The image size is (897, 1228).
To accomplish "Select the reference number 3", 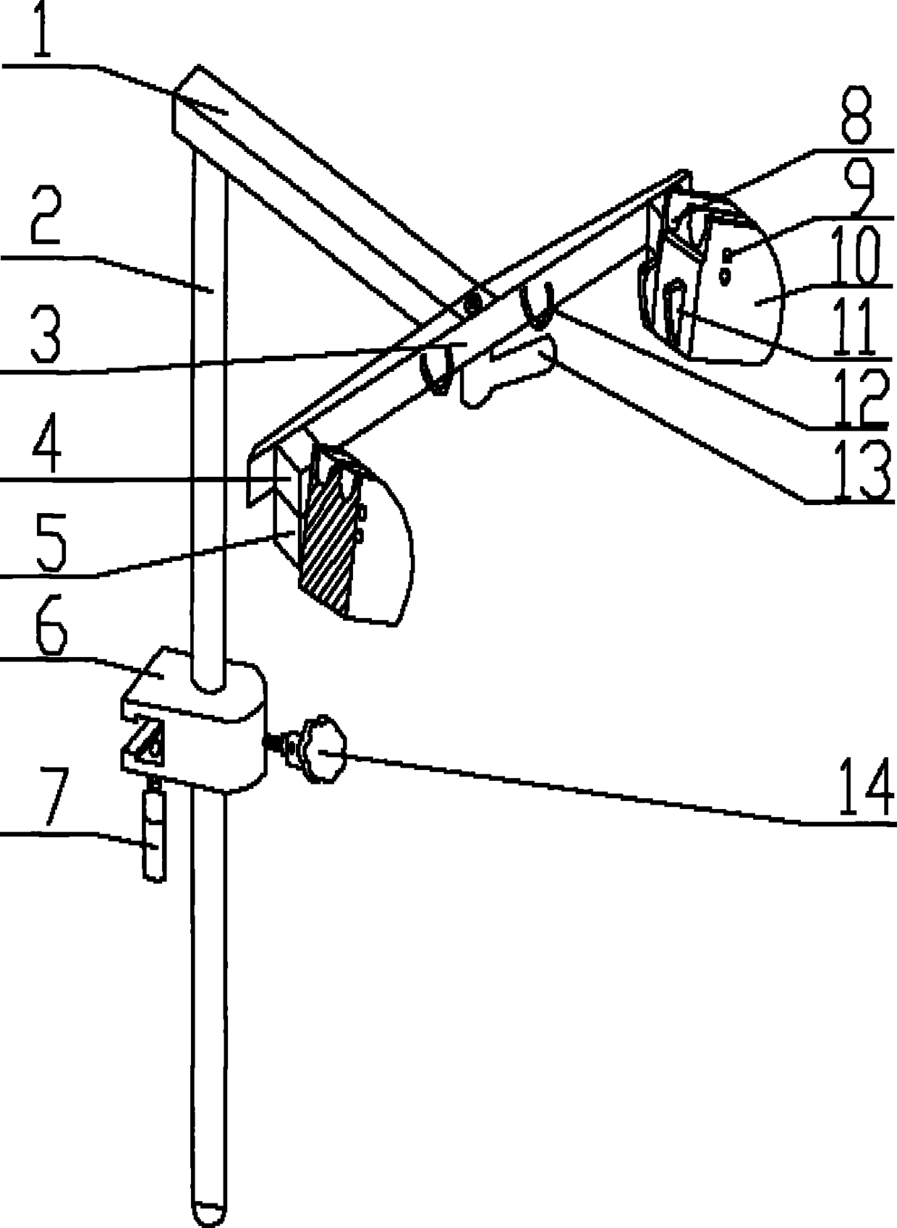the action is pos(45,334).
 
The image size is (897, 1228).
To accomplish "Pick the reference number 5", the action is pos(51,543).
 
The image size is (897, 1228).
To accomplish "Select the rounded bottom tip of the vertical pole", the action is pos(210,1217).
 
